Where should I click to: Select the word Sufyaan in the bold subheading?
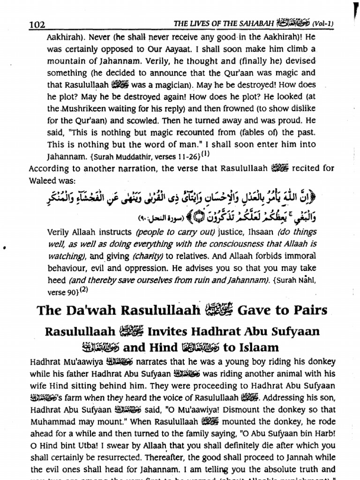(x=292, y=332)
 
